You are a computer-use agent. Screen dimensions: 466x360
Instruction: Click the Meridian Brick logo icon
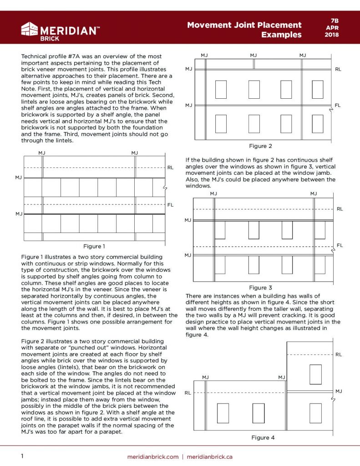coord(29,29)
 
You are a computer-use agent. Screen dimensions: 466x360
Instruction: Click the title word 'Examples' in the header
coord(281,35)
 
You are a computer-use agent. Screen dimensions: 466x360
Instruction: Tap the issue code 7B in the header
coord(335,20)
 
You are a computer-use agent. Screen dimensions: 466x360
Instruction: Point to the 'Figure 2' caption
coord(260,146)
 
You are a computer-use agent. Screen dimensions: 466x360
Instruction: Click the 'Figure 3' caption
coord(260,288)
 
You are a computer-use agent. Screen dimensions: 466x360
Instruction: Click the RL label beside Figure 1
coord(170,167)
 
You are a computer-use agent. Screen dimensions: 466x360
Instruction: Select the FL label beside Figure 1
coord(170,205)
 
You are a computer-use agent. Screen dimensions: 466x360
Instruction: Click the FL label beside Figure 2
coord(338,105)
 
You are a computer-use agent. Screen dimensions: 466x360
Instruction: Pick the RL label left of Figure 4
coord(188,392)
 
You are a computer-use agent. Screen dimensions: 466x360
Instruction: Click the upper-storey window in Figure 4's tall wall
coord(315,374)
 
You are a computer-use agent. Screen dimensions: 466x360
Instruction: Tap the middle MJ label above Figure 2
coord(254,55)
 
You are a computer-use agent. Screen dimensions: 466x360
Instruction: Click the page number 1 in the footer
coord(22,456)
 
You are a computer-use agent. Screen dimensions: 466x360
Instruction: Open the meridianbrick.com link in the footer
coord(152,456)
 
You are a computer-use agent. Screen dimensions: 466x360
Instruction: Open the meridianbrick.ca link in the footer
coord(209,456)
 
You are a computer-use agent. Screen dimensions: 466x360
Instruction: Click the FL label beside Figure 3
coord(340,245)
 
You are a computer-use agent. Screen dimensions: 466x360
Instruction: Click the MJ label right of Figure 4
coord(339,391)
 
